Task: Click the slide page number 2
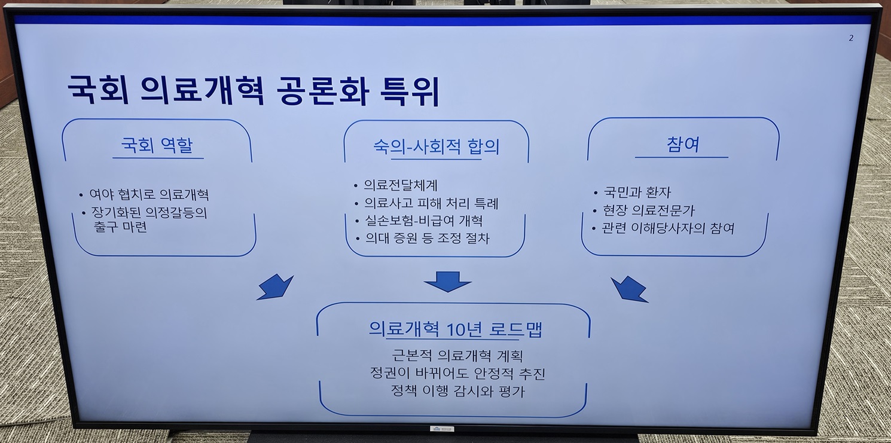pyautogui.click(x=851, y=38)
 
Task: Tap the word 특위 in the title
pyautogui.click(x=410, y=92)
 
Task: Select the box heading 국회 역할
pyautogui.click(x=157, y=145)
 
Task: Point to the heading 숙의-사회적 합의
pyautogui.click(x=437, y=146)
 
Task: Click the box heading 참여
pyautogui.click(x=683, y=144)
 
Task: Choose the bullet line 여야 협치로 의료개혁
pyautogui.click(x=149, y=194)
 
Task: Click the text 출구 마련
pyautogui.click(x=120, y=227)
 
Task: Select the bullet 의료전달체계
pyautogui.click(x=401, y=185)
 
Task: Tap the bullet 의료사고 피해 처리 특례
pyautogui.click(x=431, y=203)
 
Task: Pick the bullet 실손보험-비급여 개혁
pyautogui.click(x=423, y=221)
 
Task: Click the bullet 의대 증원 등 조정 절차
pyautogui.click(x=427, y=238)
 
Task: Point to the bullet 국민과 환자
pyautogui.click(x=637, y=193)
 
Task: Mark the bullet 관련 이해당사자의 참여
pyautogui.click(x=669, y=228)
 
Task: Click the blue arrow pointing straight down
pyautogui.click(x=448, y=282)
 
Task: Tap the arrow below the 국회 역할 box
pyautogui.click(x=276, y=287)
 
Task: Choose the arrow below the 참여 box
pyautogui.click(x=629, y=289)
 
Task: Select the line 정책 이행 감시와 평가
pyautogui.click(x=458, y=391)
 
